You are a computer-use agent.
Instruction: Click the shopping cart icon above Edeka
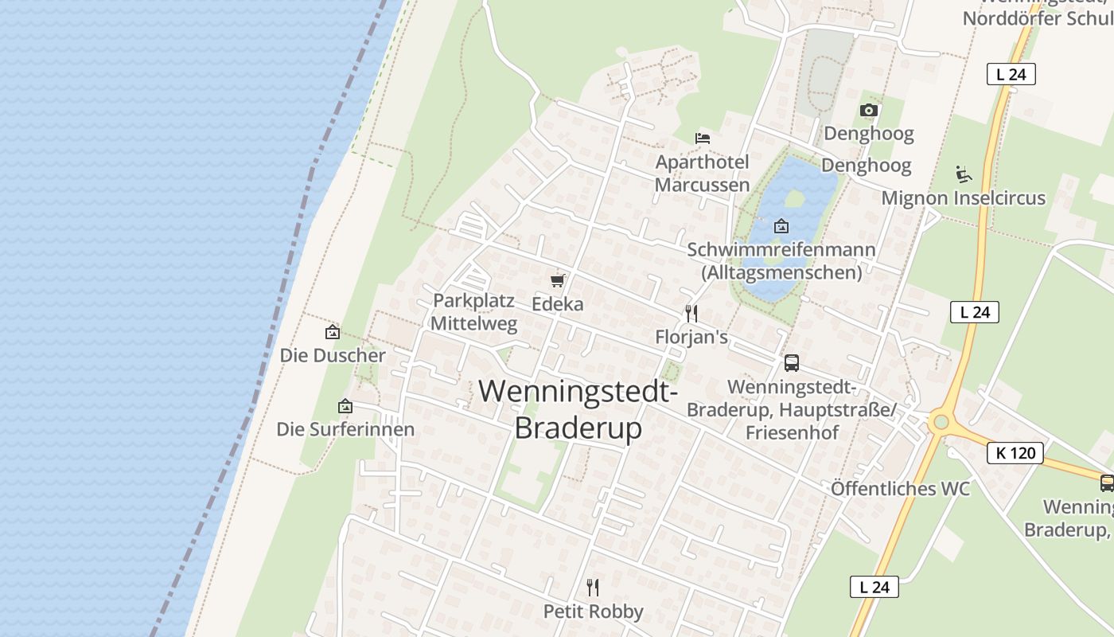click(557, 280)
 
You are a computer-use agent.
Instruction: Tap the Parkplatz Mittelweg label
click(474, 312)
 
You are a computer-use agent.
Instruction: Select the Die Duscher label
click(333, 356)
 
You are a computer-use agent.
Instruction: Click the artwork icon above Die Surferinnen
click(345, 406)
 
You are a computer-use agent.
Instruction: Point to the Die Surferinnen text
click(345, 430)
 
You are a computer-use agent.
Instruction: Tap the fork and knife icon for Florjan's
click(691, 313)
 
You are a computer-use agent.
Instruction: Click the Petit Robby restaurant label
click(593, 612)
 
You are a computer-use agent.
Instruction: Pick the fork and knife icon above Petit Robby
click(593, 588)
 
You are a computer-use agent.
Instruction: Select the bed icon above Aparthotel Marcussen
click(703, 139)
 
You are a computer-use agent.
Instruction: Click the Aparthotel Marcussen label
click(702, 174)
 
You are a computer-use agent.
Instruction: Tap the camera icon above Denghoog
click(869, 110)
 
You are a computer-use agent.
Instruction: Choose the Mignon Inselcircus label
click(963, 197)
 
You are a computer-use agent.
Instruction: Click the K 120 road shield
click(1015, 454)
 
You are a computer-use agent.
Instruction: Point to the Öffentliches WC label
click(900, 488)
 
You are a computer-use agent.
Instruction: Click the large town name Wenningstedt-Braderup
click(578, 409)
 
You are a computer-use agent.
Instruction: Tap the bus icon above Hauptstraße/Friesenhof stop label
click(791, 363)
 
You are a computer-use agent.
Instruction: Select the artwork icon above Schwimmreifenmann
click(781, 226)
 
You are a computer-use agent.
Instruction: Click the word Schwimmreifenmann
click(781, 250)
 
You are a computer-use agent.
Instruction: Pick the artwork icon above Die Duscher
click(333, 332)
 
